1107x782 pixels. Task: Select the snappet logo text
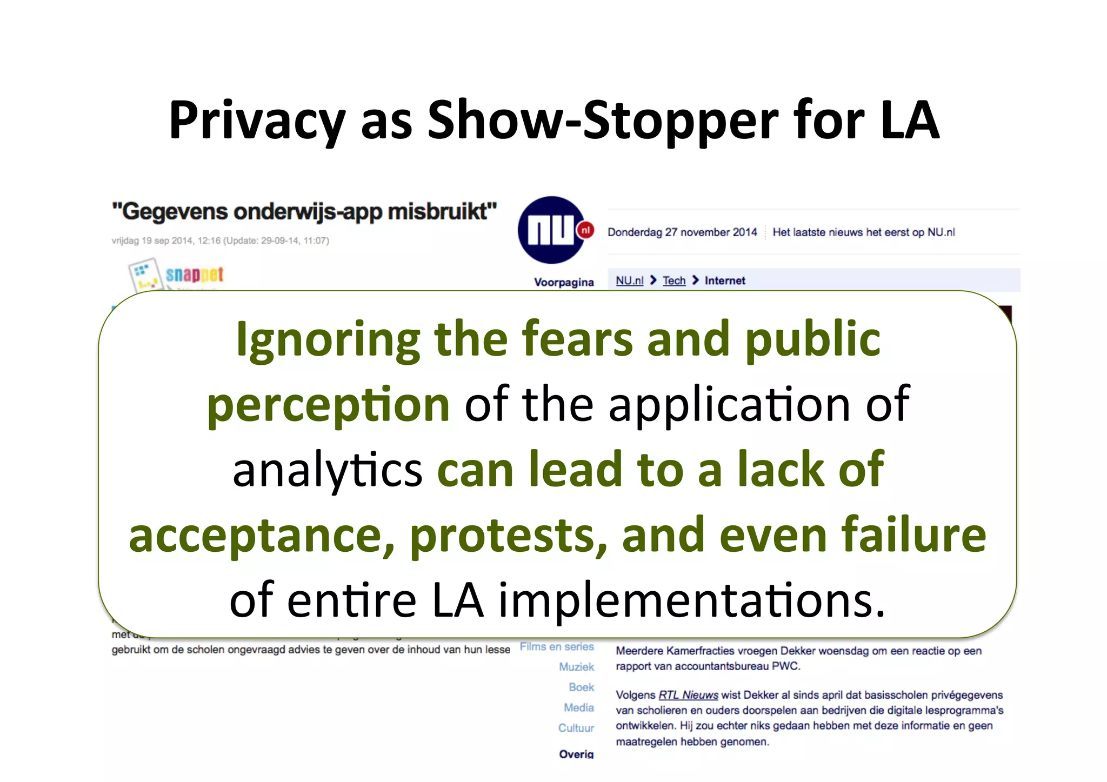click(194, 275)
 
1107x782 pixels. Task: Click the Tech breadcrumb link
click(674, 280)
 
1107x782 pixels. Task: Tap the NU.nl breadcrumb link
click(630, 280)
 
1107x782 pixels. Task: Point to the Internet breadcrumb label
click(725, 280)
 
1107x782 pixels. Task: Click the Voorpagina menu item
click(564, 282)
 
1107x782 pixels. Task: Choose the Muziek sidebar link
click(576, 667)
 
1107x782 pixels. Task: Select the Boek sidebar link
click(581, 687)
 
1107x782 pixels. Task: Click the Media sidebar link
click(578, 708)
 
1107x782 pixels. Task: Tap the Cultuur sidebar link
click(576, 728)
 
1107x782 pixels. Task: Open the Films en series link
click(557, 647)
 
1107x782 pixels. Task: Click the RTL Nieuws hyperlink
click(688, 695)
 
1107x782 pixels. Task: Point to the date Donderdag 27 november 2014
click(682, 232)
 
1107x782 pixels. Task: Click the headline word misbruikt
click(442, 212)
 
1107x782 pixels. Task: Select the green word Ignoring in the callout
click(328, 340)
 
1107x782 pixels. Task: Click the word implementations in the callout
click(691, 600)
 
